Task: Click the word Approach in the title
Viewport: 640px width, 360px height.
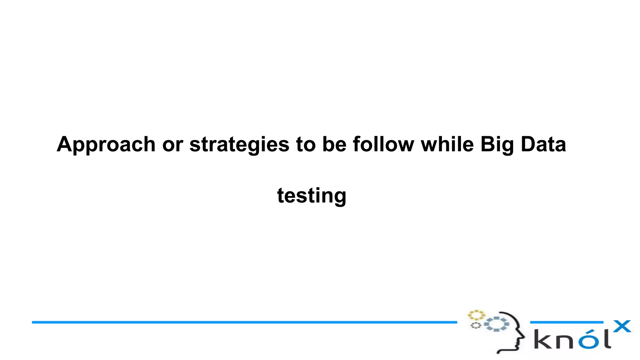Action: point(106,145)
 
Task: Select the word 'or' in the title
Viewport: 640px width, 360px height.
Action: point(172,145)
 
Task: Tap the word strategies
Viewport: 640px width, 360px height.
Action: point(239,145)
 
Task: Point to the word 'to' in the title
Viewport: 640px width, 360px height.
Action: point(306,145)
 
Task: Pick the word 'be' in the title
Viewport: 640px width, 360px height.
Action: point(334,145)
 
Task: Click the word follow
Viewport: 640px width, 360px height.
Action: point(383,145)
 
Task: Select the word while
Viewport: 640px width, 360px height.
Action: point(447,145)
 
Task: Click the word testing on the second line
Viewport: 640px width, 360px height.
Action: point(312,196)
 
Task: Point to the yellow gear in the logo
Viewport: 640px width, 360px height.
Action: point(476,315)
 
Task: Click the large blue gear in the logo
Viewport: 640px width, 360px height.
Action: point(497,324)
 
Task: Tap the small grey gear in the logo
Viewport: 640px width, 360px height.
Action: point(476,326)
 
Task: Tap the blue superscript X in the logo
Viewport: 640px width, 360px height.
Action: point(622,326)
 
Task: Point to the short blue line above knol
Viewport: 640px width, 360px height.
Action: point(566,322)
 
